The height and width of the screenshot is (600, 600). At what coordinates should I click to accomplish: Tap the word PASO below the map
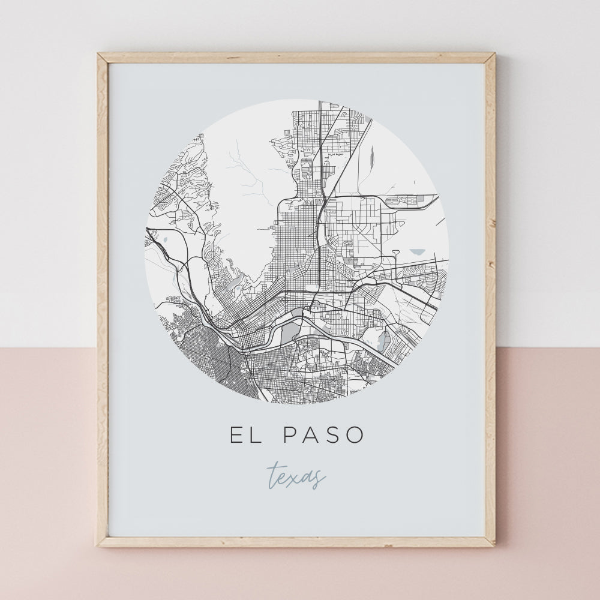point(323,436)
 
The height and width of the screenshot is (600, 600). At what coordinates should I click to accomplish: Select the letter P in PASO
point(288,436)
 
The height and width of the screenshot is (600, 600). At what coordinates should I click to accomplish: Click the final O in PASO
point(356,436)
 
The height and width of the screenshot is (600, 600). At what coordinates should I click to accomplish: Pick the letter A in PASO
point(311,436)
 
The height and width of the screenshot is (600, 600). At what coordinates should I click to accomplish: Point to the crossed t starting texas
point(274,475)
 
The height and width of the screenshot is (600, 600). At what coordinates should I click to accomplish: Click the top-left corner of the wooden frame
point(100,55)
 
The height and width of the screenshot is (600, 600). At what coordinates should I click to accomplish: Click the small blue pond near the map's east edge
point(418,253)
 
